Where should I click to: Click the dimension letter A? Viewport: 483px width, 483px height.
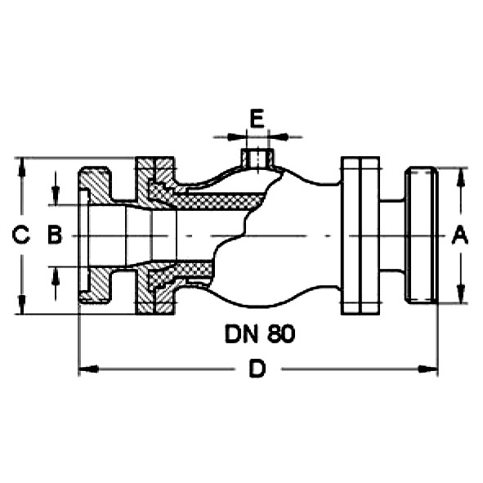click(x=459, y=235)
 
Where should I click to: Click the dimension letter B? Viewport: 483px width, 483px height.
click(x=55, y=235)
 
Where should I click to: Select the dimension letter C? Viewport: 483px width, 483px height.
click(x=20, y=235)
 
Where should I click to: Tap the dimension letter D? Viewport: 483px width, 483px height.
click(x=257, y=369)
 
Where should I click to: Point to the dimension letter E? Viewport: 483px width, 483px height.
click(x=257, y=119)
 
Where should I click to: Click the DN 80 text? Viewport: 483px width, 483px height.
click(x=260, y=334)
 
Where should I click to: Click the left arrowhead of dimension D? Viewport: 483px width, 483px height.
click(x=88, y=369)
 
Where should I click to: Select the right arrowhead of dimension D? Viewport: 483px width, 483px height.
click(x=428, y=369)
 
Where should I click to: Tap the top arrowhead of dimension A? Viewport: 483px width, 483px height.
click(x=460, y=177)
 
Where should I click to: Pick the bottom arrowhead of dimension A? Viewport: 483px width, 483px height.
click(x=460, y=294)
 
